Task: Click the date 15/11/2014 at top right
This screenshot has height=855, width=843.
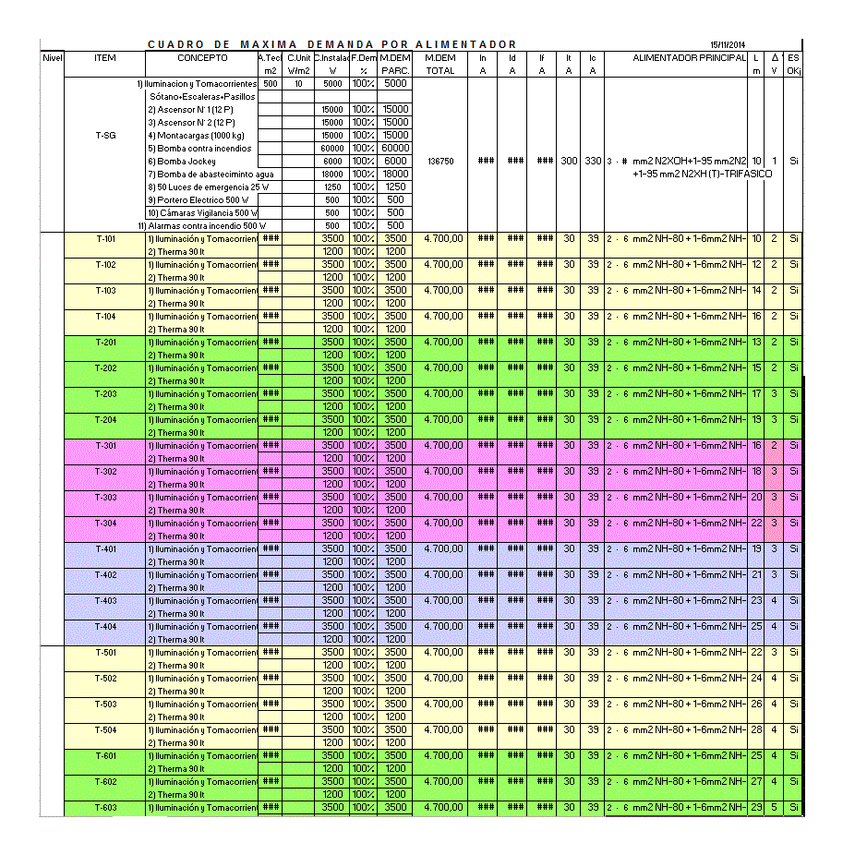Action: (728, 44)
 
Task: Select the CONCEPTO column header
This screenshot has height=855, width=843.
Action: (202, 57)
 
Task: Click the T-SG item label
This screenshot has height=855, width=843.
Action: (105, 135)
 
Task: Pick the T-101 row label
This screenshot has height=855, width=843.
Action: (105, 238)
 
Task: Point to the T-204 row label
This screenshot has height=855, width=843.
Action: (105, 419)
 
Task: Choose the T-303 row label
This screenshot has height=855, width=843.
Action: (105, 497)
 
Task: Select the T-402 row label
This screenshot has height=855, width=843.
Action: (105, 574)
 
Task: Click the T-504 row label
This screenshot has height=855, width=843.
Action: (105, 729)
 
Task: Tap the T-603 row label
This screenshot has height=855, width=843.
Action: (105, 807)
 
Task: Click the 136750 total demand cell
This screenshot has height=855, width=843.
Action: (440, 161)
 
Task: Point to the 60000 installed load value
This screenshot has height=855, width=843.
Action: (331, 148)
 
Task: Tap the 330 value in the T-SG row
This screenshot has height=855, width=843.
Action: (593, 161)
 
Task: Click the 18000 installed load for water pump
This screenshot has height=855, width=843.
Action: (331, 174)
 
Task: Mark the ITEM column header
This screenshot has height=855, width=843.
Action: (105, 57)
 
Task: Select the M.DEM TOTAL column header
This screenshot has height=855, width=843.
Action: (440, 64)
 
